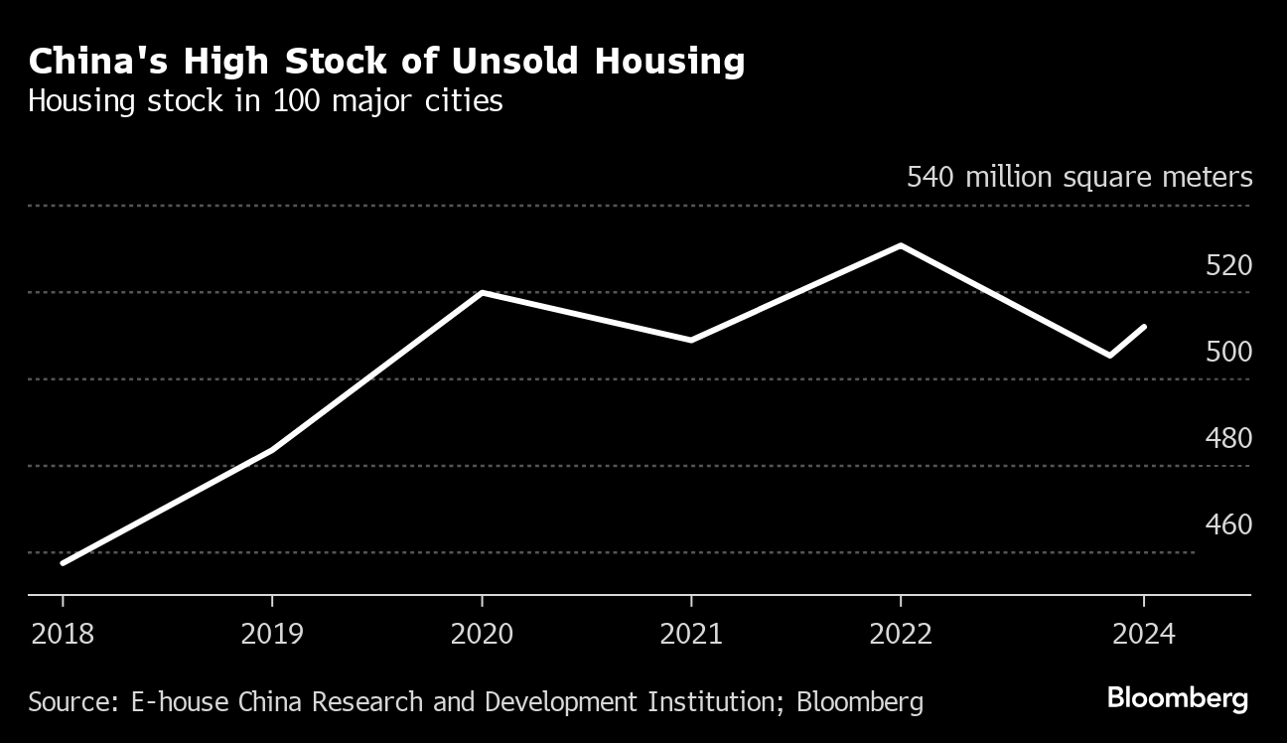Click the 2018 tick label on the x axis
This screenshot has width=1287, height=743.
tap(63, 634)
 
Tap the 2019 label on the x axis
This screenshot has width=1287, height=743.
tap(272, 634)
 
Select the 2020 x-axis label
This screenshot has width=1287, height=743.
tap(482, 634)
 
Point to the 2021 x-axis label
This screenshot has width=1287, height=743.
tap(691, 634)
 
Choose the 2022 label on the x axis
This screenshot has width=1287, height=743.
tap(901, 634)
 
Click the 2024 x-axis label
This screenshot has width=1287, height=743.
tap(1144, 634)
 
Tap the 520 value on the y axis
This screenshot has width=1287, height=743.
tap(1229, 265)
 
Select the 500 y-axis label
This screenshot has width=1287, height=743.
tap(1229, 352)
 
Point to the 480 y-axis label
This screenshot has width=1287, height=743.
tap(1229, 438)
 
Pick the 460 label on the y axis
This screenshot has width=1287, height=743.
tap(1229, 524)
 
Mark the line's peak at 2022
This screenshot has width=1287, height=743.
tap(901, 245)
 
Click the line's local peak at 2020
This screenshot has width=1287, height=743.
tap(482, 293)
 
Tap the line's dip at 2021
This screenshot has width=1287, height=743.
tap(691, 340)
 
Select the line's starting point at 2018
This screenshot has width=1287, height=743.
tap(63, 563)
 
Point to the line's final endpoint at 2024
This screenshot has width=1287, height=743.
tap(1145, 327)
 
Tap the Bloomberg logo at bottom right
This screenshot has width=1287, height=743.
tap(1177, 698)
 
